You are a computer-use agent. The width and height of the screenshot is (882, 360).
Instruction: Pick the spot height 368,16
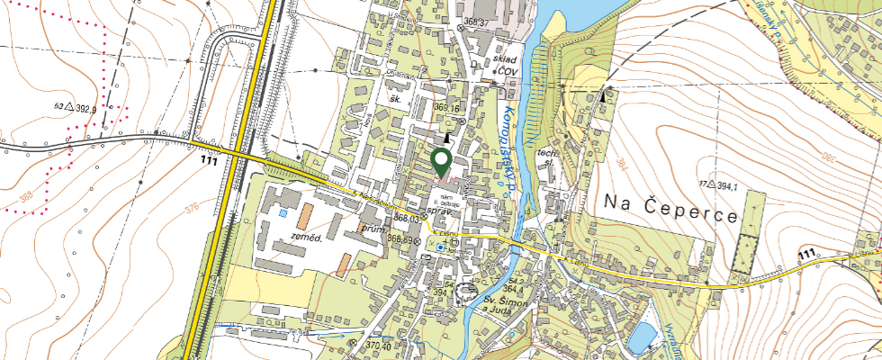click(447, 107)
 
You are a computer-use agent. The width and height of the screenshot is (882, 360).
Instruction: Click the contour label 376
click(191, 208)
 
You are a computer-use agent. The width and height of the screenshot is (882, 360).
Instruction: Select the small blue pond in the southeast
click(642, 337)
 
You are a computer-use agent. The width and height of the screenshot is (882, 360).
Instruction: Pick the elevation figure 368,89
click(401, 239)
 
